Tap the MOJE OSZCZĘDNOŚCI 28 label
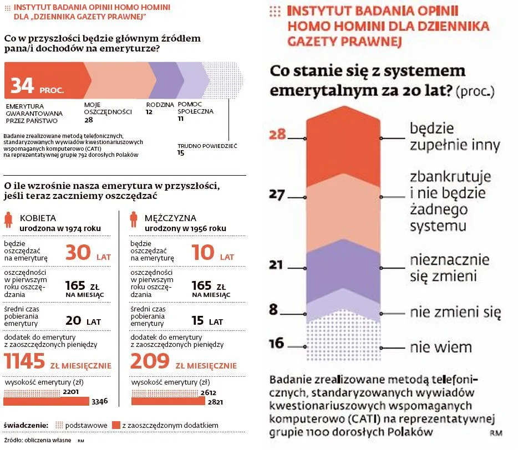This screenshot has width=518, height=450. (x=108, y=111)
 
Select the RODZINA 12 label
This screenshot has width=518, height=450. (x=157, y=108)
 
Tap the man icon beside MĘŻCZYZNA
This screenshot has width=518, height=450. (x=134, y=221)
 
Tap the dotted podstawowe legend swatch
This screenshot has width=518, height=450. (x=59, y=425)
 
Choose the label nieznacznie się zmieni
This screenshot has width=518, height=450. (x=449, y=267)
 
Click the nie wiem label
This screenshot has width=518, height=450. (x=440, y=347)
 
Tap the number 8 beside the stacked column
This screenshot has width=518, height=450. (x=273, y=309)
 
